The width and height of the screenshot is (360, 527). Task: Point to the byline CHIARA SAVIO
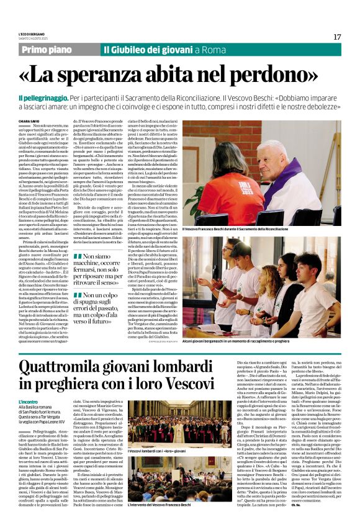[28, 122]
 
